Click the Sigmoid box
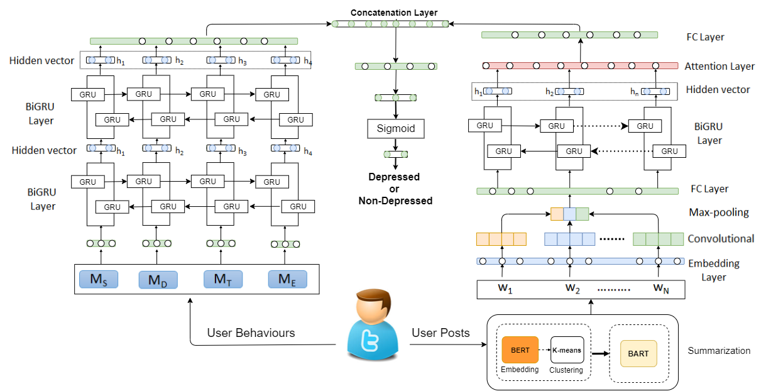tap(395, 129)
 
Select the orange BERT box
tap(520, 350)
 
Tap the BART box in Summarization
tap(638, 353)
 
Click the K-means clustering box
tap(567, 350)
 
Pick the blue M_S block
tap(98, 280)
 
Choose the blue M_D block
tap(158, 280)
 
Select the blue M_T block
tap(222, 279)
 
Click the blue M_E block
tap(287, 279)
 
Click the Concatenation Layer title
tap(393, 13)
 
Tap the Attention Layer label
tap(719, 66)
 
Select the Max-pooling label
tap(719, 212)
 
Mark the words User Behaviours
tap(251, 332)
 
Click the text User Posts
tap(440, 333)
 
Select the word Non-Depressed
tap(395, 201)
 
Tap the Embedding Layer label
tap(713, 270)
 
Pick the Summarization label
tap(719, 351)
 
